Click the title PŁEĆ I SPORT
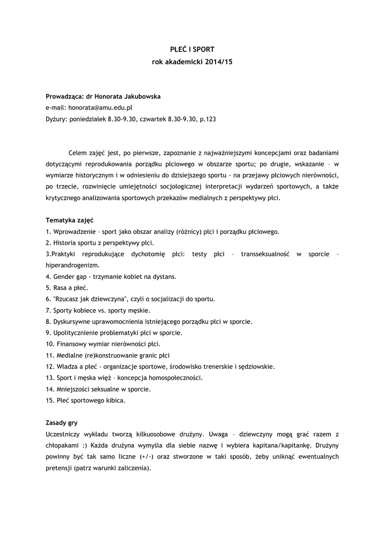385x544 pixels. pyautogui.click(x=192, y=49)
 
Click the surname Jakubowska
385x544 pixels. pyautogui.click(x=138, y=97)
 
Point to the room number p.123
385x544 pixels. pyautogui.click(x=208, y=120)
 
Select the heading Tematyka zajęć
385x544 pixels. pyautogui.click(x=70, y=220)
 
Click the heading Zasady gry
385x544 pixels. pyautogui.click(x=62, y=423)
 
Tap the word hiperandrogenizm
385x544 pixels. pyautogui.click(x=72, y=265)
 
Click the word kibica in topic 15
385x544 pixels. pyautogui.click(x=114, y=400)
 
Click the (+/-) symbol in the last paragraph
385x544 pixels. pyautogui.click(x=147, y=456)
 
